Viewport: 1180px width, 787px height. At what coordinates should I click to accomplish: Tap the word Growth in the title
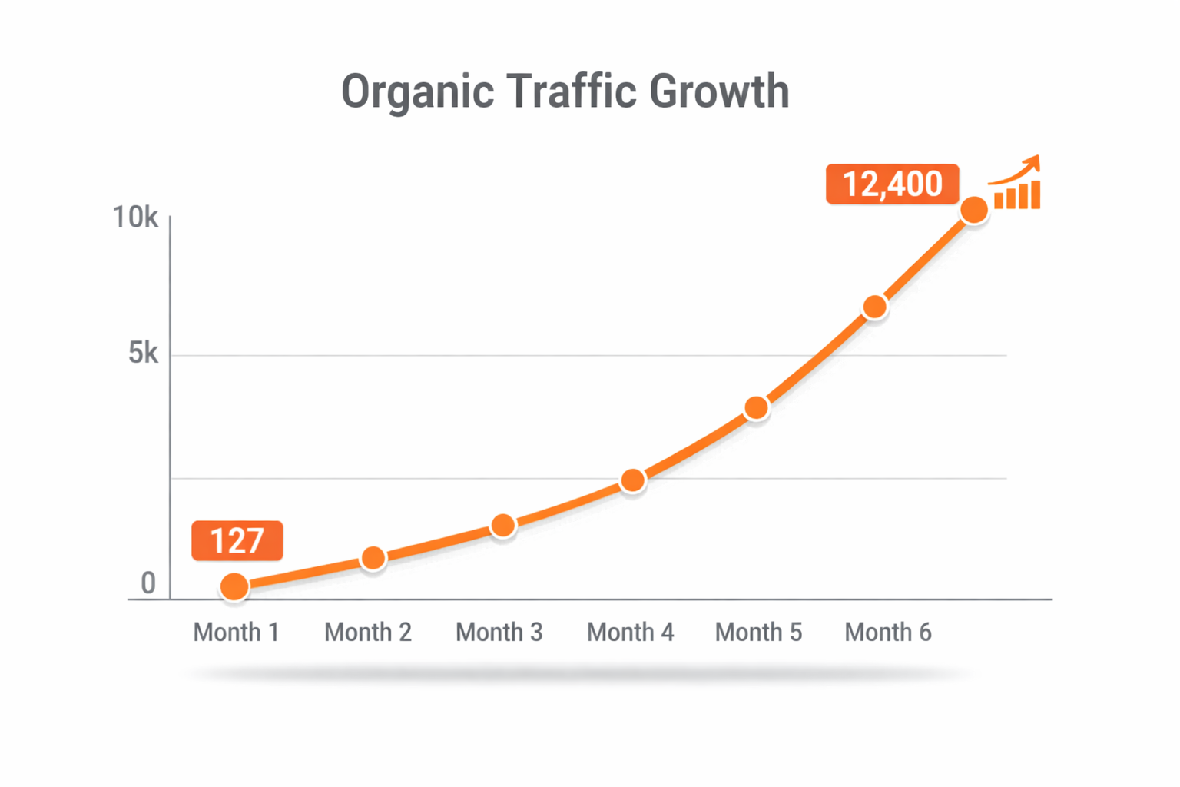pyautogui.click(x=719, y=91)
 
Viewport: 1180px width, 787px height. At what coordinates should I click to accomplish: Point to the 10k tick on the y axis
pyautogui.click(x=135, y=218)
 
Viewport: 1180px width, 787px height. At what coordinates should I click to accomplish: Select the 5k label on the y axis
pyautogui.click(x=144, y=354)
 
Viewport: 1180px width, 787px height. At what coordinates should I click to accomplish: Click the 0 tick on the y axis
pyautogui.click(x=148, y=584)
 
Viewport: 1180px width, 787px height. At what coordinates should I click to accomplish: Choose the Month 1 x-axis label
pyautogui.click(x=236, y=633)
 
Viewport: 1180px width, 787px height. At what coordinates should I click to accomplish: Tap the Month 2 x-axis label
pyautogui.click(x=368, y=633)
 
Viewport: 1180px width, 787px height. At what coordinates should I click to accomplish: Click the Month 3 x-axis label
pyautogui.click(x=499, y=633)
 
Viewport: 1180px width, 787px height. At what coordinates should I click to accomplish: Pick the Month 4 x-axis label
pyautogui.click(x=630, y=633)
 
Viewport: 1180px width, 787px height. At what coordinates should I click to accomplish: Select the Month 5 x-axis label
pyautogui.click(x=758, y=633)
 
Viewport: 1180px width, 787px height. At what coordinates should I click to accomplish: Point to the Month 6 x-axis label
pyautogui.click(x=888, y=633)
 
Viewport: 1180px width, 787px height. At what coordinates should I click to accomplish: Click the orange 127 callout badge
pyautogui.click(x=237, y=540)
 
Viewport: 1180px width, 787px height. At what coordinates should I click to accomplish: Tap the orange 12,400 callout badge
pyautogui.click(x=892, y=184)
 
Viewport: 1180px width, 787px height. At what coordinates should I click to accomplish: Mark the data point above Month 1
pyautogui.click(x=234, y=587)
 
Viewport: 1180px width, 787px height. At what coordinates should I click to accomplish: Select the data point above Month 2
pyautogui.click(x=373, y=559)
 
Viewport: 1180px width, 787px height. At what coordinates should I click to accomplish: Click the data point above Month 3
pyautogui.click(x=503, y=526)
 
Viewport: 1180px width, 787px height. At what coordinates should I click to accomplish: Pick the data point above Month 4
pyautogui.click(x=633, y=481)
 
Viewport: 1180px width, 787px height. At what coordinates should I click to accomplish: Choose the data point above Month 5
pyautogui.click(x=757, y=408)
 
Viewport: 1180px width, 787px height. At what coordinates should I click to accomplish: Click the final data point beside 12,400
pyautogui.click(x=974, y=210)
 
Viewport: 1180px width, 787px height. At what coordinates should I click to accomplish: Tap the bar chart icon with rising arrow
pyautogui.click(x=1016, y=184)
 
